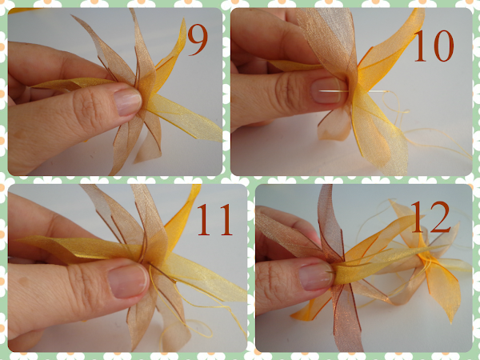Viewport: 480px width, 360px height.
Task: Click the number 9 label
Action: coord(198,40)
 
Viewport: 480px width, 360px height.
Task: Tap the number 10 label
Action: coord(434,46)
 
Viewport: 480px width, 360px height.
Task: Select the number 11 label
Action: coord(214,219)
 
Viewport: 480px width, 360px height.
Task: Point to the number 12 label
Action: coord(430,217)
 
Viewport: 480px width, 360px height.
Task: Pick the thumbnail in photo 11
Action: coord(128,281)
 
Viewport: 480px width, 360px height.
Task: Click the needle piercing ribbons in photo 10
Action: coord(352,91)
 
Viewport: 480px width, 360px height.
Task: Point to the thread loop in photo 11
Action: coord(186,329)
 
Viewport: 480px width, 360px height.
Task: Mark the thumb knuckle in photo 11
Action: coord(80,286)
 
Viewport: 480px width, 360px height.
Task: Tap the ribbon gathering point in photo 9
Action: coord(142,98)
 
